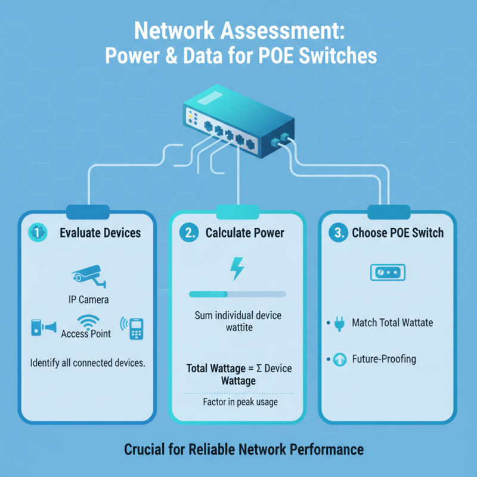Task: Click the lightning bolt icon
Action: tap(237, 268)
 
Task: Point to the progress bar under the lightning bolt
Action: tap(237, 294)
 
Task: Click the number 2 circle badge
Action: tap(189, 233)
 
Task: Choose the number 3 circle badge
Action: tap(338, 233)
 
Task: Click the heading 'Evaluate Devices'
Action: tap(100, 233)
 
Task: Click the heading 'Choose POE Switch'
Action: tap(398, 233)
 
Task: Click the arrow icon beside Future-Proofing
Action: tap(340, 360)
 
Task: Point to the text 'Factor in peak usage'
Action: tap(237, 403)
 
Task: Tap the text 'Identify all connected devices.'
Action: tap(88, 362)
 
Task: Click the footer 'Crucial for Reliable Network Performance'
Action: tap(243, 449)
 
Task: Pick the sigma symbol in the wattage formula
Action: tap(261, 368)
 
